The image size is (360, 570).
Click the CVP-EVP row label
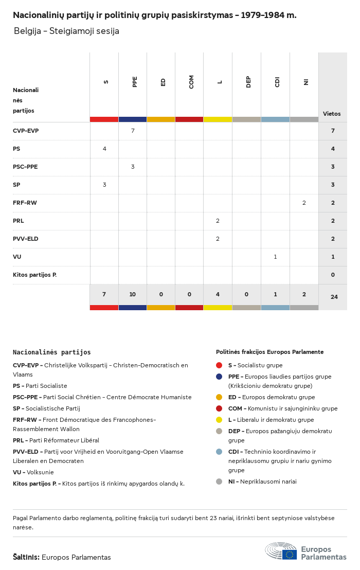click(x=26, y=131)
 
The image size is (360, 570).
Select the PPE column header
click(x=135, y=82)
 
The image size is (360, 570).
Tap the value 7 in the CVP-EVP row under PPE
click(x=133, y=131)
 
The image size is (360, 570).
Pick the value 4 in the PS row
click(x=104, y=149)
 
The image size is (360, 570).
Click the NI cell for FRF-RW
click(x=304, y=203)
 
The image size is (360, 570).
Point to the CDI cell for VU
click(x=275, y=257)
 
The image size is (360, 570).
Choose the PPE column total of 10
click(x=133, y=295)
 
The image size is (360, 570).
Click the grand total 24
click(x=333, y=297)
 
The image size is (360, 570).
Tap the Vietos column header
click(x=332, y=114)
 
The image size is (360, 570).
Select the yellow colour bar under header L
click(x=218, y=119)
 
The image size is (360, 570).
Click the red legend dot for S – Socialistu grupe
click(x=219, y=365)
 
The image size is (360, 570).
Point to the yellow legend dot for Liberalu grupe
click(x=219, y=420)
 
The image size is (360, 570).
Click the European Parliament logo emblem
click(x=281, y=551)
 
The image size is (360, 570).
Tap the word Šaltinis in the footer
click(x=26, y=557)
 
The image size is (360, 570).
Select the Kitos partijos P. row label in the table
click(x=34, y=275)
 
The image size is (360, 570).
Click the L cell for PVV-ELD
click(x=218, y=239)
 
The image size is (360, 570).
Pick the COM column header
click(x=191, y=82)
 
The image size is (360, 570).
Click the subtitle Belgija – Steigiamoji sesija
click(x=66, y=31)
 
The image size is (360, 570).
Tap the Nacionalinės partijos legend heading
click(x=51, y=352)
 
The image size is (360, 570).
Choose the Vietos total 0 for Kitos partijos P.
click(x=333, y=275)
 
